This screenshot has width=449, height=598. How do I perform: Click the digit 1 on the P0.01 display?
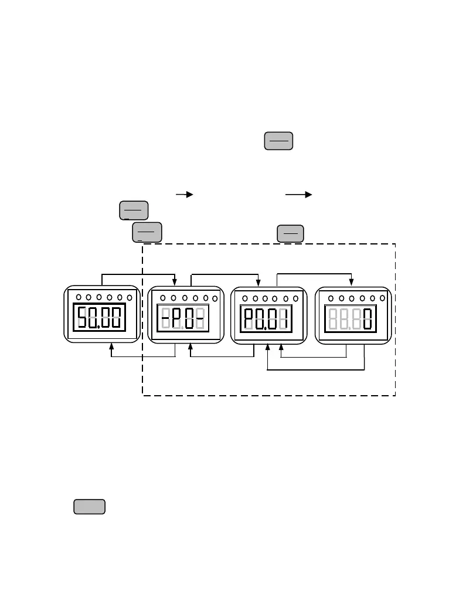tap(285, 320)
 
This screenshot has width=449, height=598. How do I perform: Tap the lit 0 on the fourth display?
tap(368, 320)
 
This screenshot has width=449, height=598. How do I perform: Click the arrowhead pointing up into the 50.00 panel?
tap(111, 346)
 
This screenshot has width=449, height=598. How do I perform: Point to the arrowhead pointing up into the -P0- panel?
tap(191, 346)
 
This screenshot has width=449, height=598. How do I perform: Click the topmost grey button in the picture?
tap(278, 141)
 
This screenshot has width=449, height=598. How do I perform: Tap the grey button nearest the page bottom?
tap(89, 507)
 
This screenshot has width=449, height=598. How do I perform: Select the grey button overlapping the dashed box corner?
tap(147, 232)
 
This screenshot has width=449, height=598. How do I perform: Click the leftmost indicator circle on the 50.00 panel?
tap(79, 297)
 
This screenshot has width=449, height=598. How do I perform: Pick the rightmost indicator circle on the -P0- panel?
tap(215, 298)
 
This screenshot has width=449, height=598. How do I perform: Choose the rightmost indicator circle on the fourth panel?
tap(382, 298)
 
